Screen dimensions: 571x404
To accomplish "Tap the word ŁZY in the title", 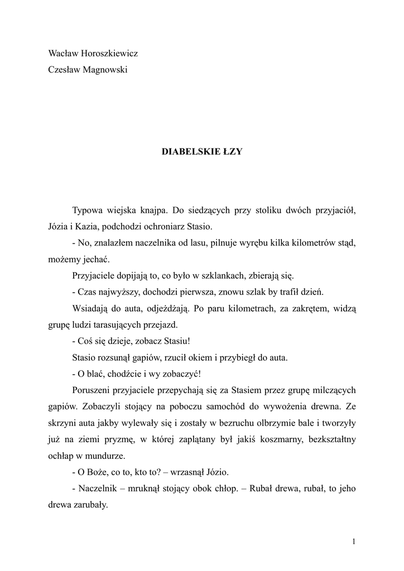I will [232, 151].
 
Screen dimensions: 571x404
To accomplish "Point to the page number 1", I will [354, 541].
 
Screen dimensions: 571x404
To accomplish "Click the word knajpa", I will [148, 211].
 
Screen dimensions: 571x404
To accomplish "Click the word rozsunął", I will [121, 356].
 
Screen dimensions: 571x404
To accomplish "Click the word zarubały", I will [89, 502].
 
